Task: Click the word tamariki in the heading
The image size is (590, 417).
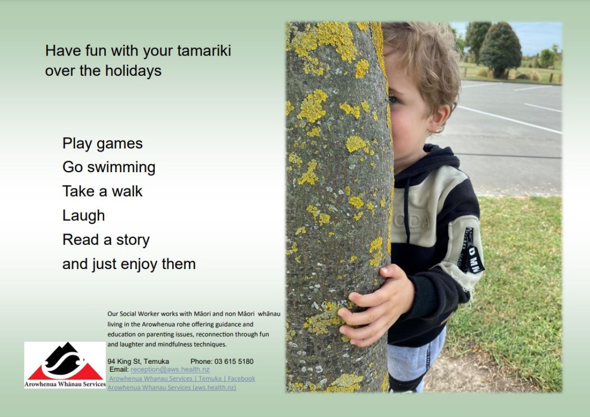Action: pyautogui.click(x=204, y=50)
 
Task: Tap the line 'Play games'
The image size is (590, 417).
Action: pyautogui.click(x=102, y=144)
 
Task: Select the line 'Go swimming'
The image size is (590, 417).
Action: pyautogui.click(x=109, y=168)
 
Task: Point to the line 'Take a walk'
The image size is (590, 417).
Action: pyautogui.click(x=102, y=191)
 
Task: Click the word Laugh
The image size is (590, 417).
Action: pyautogui.click(x=84, y=216)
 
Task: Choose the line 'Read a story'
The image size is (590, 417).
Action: pyautogui.click(x=106, y=239)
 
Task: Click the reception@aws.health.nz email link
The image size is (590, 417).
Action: pyautogui.click(x=170, y=369)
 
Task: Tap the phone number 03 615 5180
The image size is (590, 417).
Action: pyautogui.click(x=234, y=361)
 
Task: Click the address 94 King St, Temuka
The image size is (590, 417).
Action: pyautogui.click(x=138, y=361)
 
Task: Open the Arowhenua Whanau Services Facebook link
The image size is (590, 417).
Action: pyautogui.click(x=182, y=378)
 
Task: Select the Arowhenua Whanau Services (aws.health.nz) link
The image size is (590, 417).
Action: pyautogui.click(x=172, y=387)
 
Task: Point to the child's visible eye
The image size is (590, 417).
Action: pyautogui.click(x=393, y=99)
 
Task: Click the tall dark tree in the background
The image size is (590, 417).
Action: pyautogui.click(x=500, y=49)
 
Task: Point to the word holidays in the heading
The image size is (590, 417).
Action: pyautogui.click(x=133, y=71)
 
